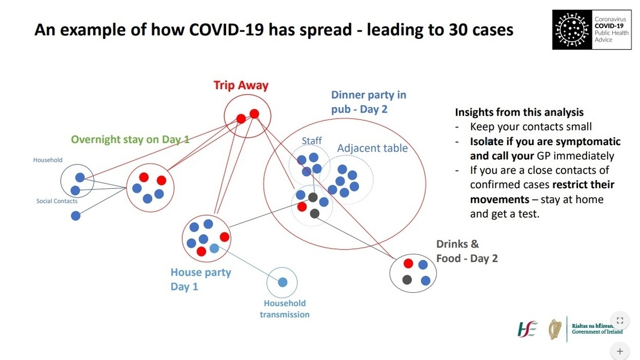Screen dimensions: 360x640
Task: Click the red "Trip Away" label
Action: tap(241, 85)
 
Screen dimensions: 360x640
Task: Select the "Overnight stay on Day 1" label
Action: tap(130, 140)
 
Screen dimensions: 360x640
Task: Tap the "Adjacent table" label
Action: tap(372, 148)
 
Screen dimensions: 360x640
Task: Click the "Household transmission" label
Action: tap(284, 309)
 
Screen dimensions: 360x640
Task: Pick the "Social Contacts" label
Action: tap(57, 201)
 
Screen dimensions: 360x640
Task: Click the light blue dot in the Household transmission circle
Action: tap(283, 282)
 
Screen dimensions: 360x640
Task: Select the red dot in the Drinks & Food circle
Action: tap(409, 263)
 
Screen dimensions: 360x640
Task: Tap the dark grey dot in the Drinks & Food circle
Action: tap(407, 279)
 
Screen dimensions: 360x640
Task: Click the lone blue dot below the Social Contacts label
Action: tap(76, 216)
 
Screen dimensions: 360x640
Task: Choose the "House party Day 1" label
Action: tap(201, 279)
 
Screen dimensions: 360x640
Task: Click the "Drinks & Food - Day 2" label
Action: tap(467, 251)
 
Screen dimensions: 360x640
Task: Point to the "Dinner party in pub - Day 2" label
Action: tap(369, 102)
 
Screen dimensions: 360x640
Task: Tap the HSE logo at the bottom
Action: tap(528, 329)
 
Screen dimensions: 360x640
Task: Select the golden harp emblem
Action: tap(555, 329)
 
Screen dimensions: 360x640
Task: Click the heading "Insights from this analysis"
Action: tap(519, 113)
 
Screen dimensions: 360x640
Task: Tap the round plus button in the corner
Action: tap(620, 351)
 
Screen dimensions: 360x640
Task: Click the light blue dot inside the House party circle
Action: tap(214, 248)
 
